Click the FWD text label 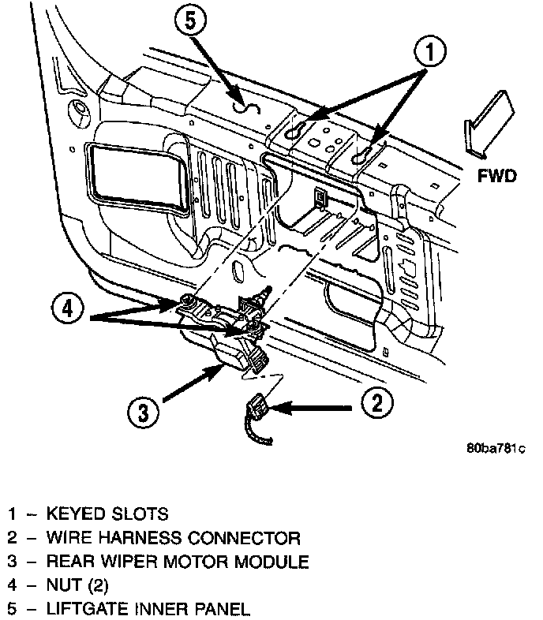click(x=497, y=175)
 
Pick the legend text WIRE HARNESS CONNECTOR click(x=174, y=539)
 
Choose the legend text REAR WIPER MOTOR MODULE click(x=178, y=562)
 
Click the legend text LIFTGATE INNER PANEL click(x=148, y=609)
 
